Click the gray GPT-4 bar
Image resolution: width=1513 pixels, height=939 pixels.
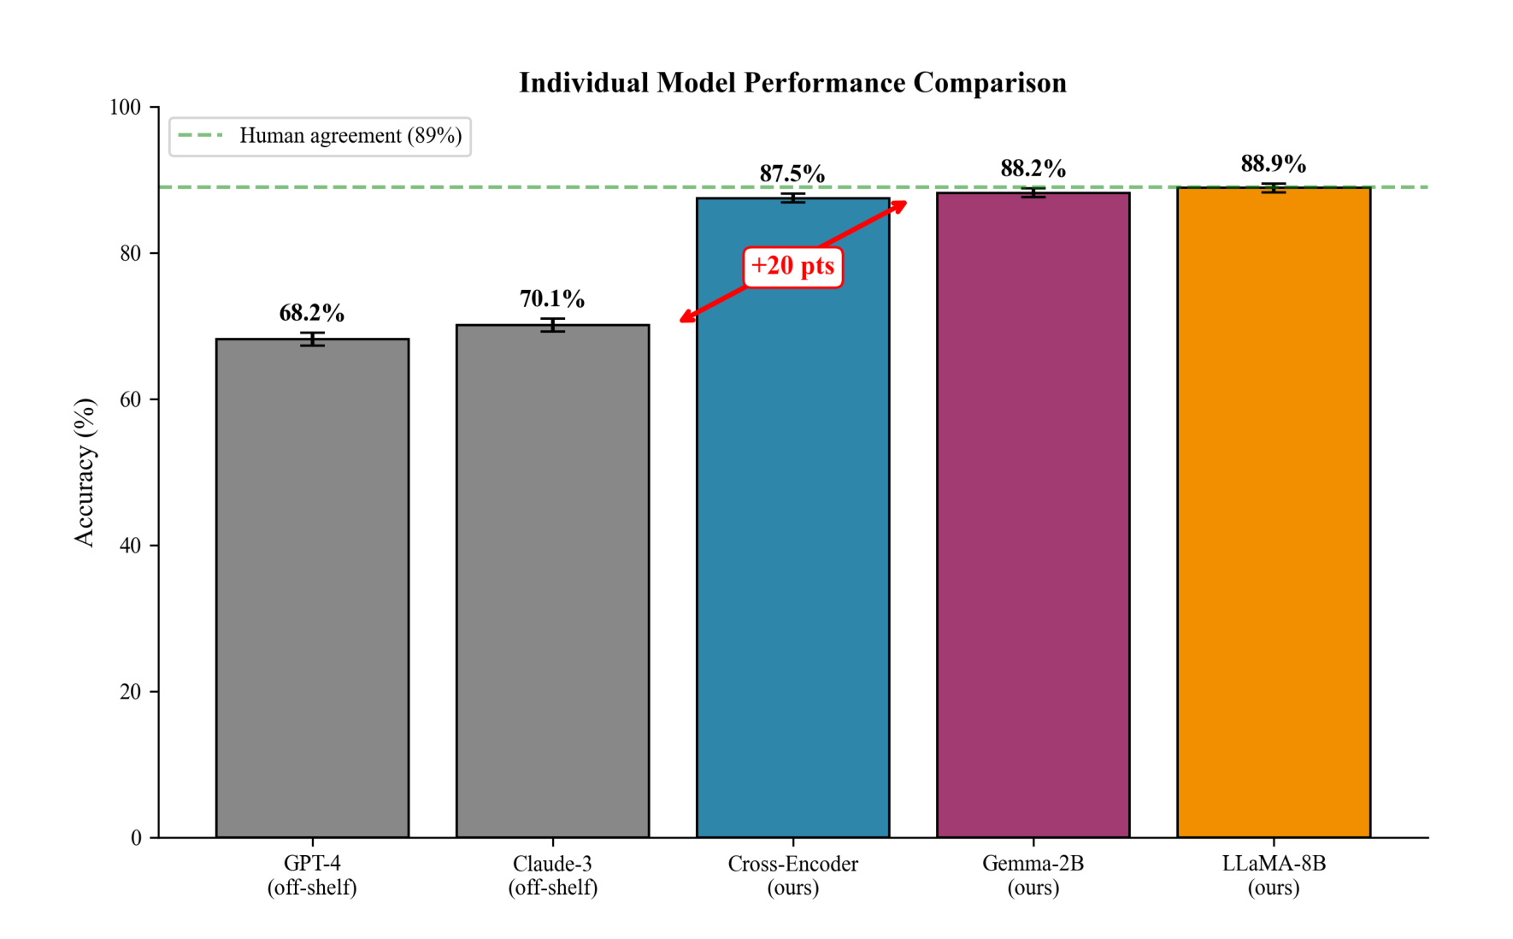coord(312,588)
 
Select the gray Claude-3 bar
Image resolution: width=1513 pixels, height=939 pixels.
coord(552,582)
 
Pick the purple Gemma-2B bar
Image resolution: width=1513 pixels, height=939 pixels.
coord(1033,515)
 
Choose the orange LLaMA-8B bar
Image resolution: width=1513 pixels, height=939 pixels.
coord(1274,512)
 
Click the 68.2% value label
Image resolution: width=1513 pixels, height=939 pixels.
coord(312,313)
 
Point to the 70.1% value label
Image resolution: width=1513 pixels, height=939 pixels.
coord(552,298)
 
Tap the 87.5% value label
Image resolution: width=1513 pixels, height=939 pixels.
coord(792,174)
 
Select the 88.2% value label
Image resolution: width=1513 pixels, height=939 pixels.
coord(1033,168)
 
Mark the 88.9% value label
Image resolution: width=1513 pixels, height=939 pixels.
coord(1274,163)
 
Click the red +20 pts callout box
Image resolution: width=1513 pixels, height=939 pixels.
coord(792,267)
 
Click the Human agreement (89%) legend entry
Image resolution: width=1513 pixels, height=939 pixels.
coord(320,136)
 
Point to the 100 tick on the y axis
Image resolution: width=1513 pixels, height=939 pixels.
coord(125,107)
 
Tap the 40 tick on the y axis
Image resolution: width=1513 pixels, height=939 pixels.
coord(131,546)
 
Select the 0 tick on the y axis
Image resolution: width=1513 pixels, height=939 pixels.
coord(136,838)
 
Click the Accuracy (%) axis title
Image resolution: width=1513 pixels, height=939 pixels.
coord(84,472)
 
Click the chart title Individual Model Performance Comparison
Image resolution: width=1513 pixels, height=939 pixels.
coord(792,83)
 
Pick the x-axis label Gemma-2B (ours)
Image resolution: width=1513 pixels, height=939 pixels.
coord(1033,875)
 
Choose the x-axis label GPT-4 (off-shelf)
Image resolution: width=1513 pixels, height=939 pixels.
coord(312,875)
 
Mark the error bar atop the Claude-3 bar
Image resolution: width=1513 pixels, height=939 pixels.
coord(552,325)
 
